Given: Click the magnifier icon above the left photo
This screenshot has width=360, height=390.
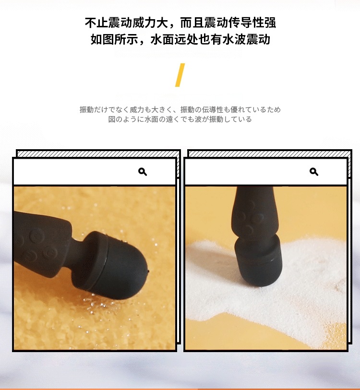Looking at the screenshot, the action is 143,172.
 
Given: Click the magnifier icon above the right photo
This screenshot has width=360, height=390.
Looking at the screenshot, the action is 314,172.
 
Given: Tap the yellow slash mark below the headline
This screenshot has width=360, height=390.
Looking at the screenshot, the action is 180,75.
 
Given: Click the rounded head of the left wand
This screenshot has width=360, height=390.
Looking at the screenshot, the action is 117,265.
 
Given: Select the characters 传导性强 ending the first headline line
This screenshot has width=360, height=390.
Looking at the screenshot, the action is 252,23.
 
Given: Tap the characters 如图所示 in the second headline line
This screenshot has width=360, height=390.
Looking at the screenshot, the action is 114,39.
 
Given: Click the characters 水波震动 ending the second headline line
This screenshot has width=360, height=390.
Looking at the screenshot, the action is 246,39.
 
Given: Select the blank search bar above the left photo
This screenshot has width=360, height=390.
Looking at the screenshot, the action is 95,172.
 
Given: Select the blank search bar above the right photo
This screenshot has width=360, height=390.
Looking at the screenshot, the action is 266,172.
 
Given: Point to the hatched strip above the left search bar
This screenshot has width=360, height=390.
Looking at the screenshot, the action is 98,154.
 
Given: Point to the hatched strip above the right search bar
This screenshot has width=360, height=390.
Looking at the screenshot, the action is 270,154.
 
